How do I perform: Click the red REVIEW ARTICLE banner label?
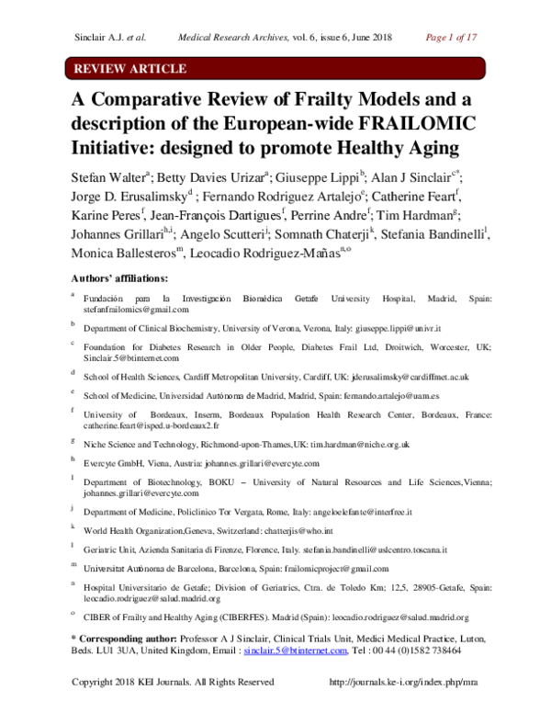click(x=129, y=69)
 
